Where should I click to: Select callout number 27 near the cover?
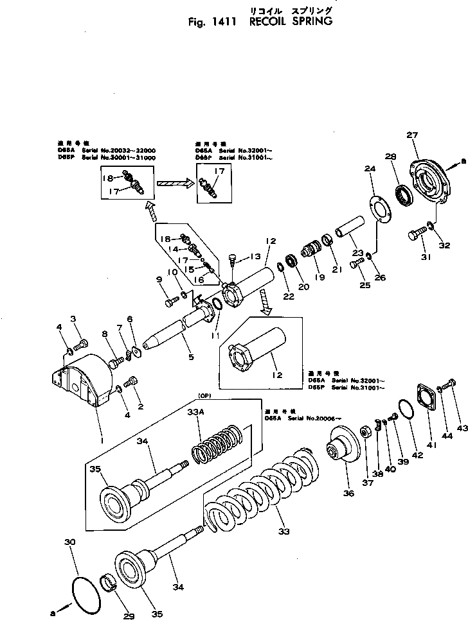coord(412,135)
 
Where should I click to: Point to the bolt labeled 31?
coord(415,235)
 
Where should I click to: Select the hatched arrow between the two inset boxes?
coord(174,183)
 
